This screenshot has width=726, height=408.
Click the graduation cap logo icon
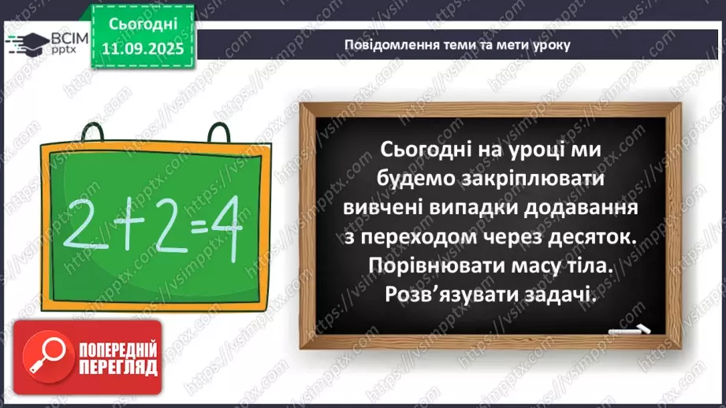click(25, 43)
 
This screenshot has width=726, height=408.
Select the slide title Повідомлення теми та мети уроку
click(457, 44)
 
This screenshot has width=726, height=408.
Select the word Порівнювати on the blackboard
click(450, 269)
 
